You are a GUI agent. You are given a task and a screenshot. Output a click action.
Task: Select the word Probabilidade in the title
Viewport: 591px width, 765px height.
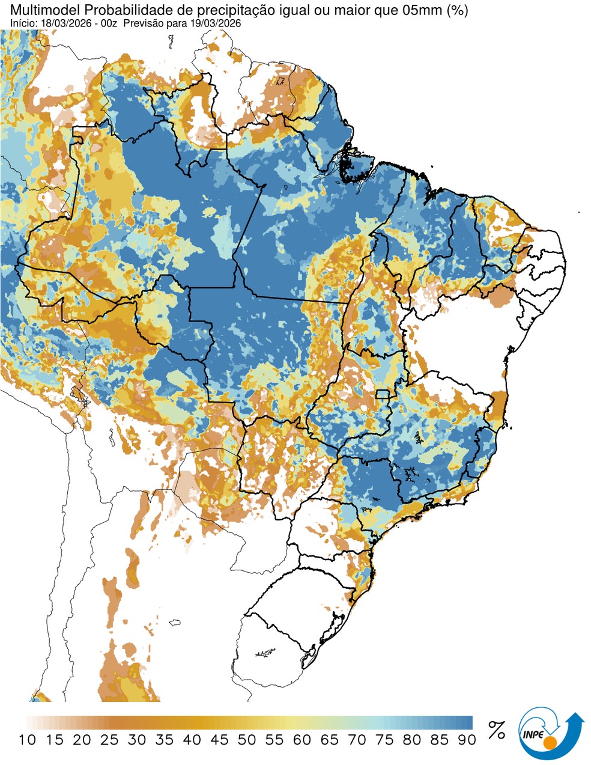click(x=109, y=10)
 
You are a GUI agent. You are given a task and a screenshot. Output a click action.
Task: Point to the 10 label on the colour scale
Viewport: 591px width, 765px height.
click(x=27, y=740)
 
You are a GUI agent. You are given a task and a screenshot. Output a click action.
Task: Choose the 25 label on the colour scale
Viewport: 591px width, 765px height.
click(x=109, y=740)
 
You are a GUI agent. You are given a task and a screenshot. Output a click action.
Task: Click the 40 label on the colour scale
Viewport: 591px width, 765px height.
click(x=192, y=740)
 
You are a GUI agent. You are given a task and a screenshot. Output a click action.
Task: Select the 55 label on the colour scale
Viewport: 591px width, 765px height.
click(x=274, y=740)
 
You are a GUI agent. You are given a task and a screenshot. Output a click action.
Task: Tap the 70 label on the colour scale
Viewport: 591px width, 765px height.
click(x=357, y=740)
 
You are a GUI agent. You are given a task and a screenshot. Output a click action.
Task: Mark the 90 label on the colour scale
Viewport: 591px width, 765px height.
click(x=467, y=740)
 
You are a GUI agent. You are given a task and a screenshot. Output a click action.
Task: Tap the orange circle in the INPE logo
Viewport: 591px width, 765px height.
click(x=549, y=744)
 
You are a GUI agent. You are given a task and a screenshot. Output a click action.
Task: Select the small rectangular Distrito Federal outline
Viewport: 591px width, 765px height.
click(x=382, y=394)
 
